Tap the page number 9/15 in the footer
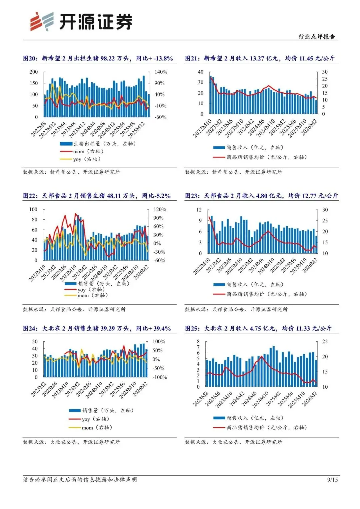[332, 479]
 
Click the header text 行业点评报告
[316, 37]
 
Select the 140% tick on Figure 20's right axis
[161, 72]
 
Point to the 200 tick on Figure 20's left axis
[34, 72]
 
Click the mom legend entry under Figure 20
[88, 151]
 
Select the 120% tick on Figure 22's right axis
[160, 210]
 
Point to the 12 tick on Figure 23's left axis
[199, 210]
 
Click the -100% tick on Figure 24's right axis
[160, 377]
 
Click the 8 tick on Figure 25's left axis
[198, 342]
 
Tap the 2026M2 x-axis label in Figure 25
[310, 399]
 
